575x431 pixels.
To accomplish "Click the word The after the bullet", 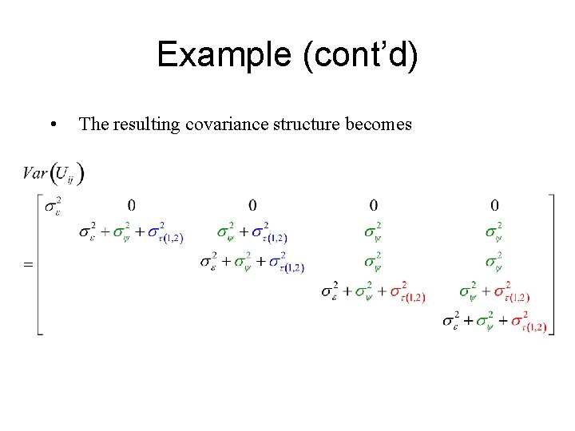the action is tap(93, 124).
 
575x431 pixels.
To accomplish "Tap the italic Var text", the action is tap(35, 172).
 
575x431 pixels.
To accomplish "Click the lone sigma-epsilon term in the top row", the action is tap(54, 208).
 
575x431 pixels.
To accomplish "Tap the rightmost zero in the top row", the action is tap(495, 205).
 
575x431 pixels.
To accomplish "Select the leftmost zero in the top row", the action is tap(131, 205).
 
